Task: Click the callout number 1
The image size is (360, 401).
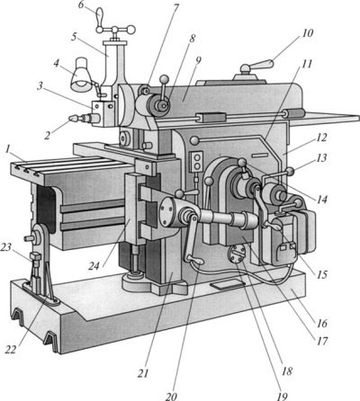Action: pos(7,149)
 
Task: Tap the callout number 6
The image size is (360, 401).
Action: pos(81,5)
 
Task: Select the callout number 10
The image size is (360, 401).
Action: pos(307,33)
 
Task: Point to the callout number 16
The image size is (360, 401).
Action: pos(320,324)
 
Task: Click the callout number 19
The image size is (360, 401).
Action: pos(282,397)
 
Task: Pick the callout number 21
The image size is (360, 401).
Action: pos(143,373)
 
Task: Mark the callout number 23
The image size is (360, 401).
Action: pos(6,247)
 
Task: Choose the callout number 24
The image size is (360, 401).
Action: pos(94,266)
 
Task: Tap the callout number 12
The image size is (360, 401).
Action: pos(321,138)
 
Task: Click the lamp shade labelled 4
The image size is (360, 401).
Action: pos(81,75)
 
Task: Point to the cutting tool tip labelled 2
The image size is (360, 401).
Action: pos(72,118)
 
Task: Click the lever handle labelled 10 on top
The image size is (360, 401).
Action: pos(263,65)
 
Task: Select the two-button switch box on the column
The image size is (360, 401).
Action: pos(197,162)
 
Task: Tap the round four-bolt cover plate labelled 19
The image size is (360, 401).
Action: pos(237,254)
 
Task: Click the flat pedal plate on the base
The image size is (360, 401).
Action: pos(225,285)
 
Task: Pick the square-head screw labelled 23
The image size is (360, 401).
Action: pos(35,257)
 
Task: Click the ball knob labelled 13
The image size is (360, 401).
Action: pos(290,172)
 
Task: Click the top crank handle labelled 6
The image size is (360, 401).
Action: pos(100,18)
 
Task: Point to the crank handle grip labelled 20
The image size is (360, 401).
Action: pos(198,263)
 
